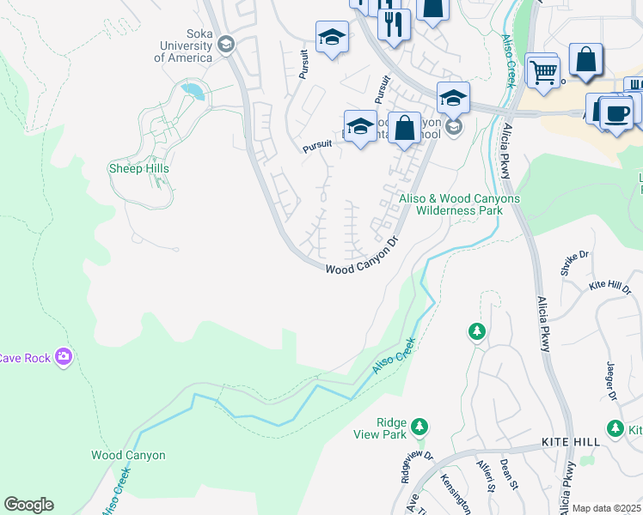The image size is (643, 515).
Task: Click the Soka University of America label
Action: pos(183,45)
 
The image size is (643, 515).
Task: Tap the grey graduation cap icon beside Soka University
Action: pos(226,44)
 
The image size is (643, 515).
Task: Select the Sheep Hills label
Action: pos(138,168)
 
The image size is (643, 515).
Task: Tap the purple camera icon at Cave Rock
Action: pos(63,356)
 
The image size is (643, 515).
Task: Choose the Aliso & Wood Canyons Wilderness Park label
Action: pos(459,203)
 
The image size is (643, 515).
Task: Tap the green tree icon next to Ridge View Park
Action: pos(419,426)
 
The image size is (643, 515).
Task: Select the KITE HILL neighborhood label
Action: pos(570,441)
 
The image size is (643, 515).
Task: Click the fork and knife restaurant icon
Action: pos(394,24)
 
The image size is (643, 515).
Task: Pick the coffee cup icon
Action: pos(615,112)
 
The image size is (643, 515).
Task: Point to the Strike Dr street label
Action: pos(574,262)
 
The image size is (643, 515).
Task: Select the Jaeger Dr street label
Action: pos(612,381)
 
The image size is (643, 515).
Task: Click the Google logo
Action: pos(28,505)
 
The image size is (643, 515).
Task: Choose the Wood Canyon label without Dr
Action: pos(128,455)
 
